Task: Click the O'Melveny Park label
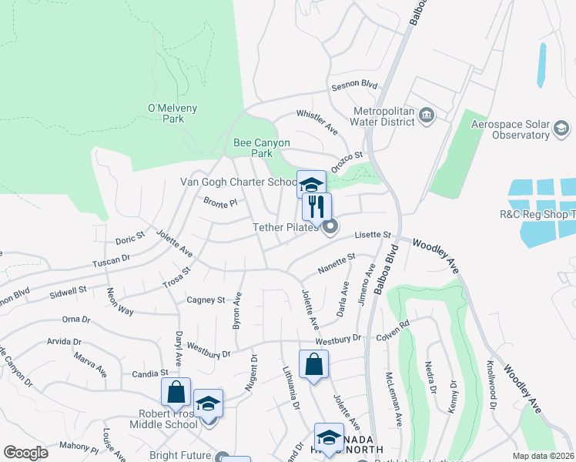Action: [166, 113]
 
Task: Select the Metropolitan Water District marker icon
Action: [428, 115]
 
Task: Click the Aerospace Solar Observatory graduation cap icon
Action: [561, 128]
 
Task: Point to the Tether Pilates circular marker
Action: [330, 227]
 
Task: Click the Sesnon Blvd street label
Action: [354, 85]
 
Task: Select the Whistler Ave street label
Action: [318, 122]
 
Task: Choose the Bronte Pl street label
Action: [219, 203]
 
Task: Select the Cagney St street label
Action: [206, 300]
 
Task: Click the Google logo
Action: [25, 453]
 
